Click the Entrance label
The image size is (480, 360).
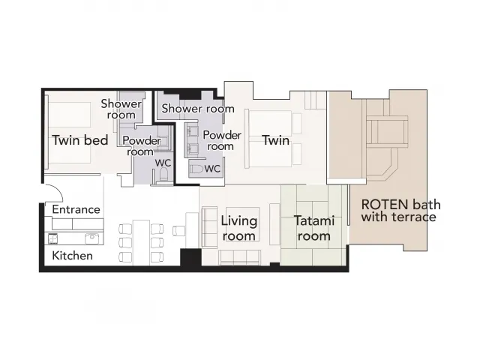pyautogui.click(x=76, y=209)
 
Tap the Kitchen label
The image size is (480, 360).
pyautogui.click(x=72, y=256)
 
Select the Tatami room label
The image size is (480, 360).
pyautogui.click(x=313, y=228)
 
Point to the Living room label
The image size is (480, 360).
pyautogui.click(x=238, y=228)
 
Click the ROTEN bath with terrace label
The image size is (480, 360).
pyautogui.click(x=400, y=211)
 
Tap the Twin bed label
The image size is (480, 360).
pyautogui.click(x=80, y=140)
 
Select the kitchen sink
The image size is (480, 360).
pyautogui.click(x=91, y=238)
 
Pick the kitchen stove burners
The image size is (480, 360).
pyautogui.click(x=53, y=238)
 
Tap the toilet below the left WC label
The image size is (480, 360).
pyautogui.click(x=163, y=174)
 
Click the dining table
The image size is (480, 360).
pyautogui.click(x=141, y=242)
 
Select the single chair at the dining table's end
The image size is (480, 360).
pyautogui.click(x=179, y=231)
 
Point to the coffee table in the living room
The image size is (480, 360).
pyautogui.click(x=243, y=223)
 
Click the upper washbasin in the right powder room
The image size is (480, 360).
pyautogui.click(x=192, y=132)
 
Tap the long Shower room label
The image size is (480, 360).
pyautogui.click(x=198, y=108)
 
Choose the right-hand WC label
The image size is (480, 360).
pyautogui.click(x=212, y=169)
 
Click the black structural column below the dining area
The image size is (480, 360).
pyautogui.click(x=190, y=258)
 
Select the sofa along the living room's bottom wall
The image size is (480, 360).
pyautogui.click(x=240, y=257)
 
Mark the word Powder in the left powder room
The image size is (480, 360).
pyautogui.click(x=142, y=141)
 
